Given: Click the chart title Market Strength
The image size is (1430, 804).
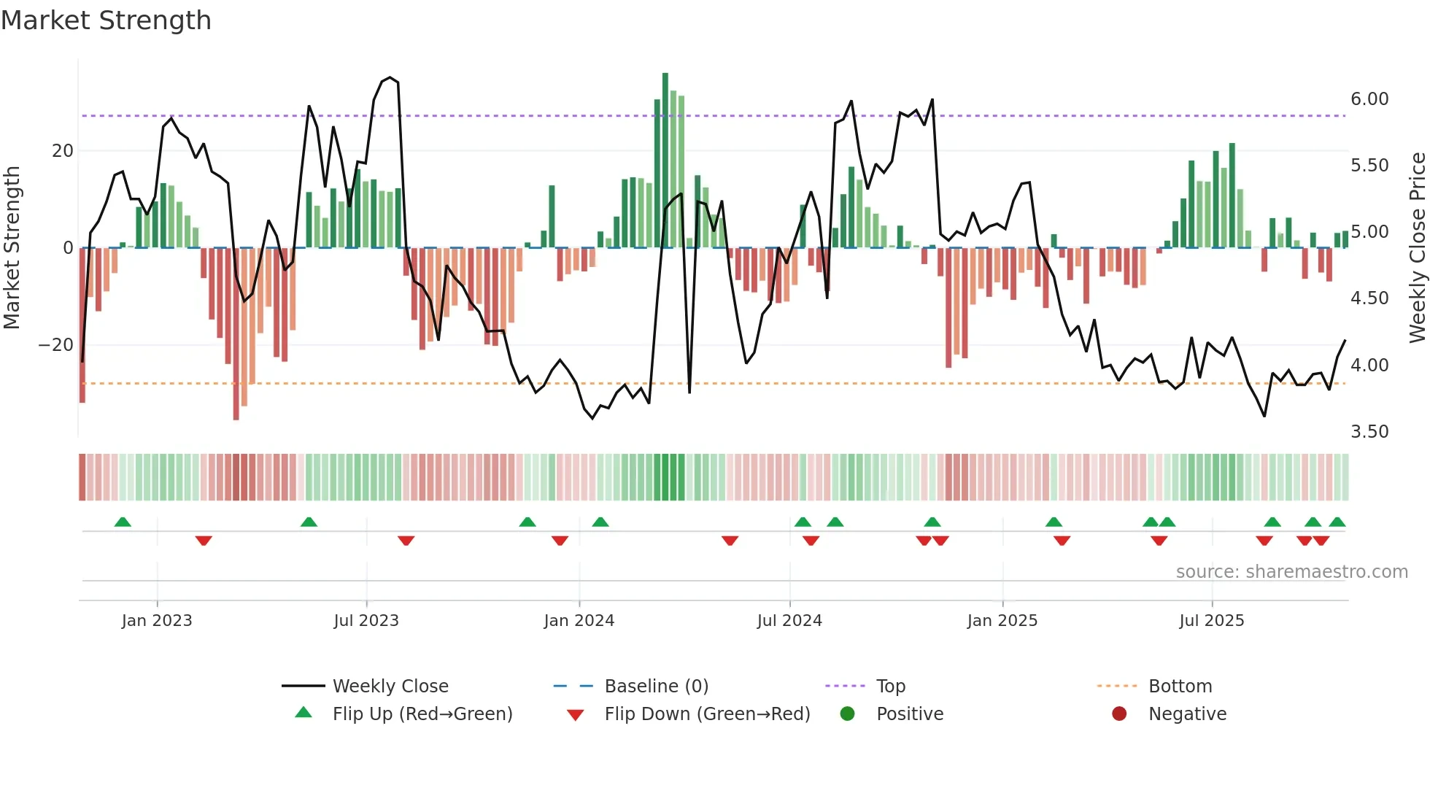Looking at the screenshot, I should [106, 20].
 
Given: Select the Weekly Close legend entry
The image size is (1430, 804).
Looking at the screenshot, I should [390, 686].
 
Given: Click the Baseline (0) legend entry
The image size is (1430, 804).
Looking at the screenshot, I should [656, 686].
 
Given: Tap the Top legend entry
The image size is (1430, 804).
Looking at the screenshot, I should [890, 686].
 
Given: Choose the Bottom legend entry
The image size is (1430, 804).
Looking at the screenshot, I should [1180, 686].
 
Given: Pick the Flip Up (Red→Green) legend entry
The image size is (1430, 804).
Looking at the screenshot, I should [422, 714].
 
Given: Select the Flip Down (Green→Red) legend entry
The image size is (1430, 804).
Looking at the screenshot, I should [706, 714].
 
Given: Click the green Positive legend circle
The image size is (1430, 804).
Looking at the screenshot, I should [847, 714].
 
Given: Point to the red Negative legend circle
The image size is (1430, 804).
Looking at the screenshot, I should [1119, 714].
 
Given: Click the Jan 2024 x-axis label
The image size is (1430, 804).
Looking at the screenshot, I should [579, 620].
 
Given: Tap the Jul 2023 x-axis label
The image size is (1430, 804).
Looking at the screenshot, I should [366, 620].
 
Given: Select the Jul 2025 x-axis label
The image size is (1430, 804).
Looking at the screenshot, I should [1211, 620].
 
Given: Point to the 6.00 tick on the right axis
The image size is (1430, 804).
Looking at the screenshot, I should [1369, 99].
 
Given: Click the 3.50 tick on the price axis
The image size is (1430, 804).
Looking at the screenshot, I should [1369, 431].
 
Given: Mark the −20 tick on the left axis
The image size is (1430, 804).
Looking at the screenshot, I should [56, 344].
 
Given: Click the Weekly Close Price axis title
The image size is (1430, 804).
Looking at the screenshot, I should [1417, 247].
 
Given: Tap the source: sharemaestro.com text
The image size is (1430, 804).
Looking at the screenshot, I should [1291, 571].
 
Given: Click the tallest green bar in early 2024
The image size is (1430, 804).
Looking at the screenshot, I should [665, 161].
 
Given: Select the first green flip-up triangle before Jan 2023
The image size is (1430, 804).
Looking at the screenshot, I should [123, 522].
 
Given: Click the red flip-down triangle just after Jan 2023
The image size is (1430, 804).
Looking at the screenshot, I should [204, 541].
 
